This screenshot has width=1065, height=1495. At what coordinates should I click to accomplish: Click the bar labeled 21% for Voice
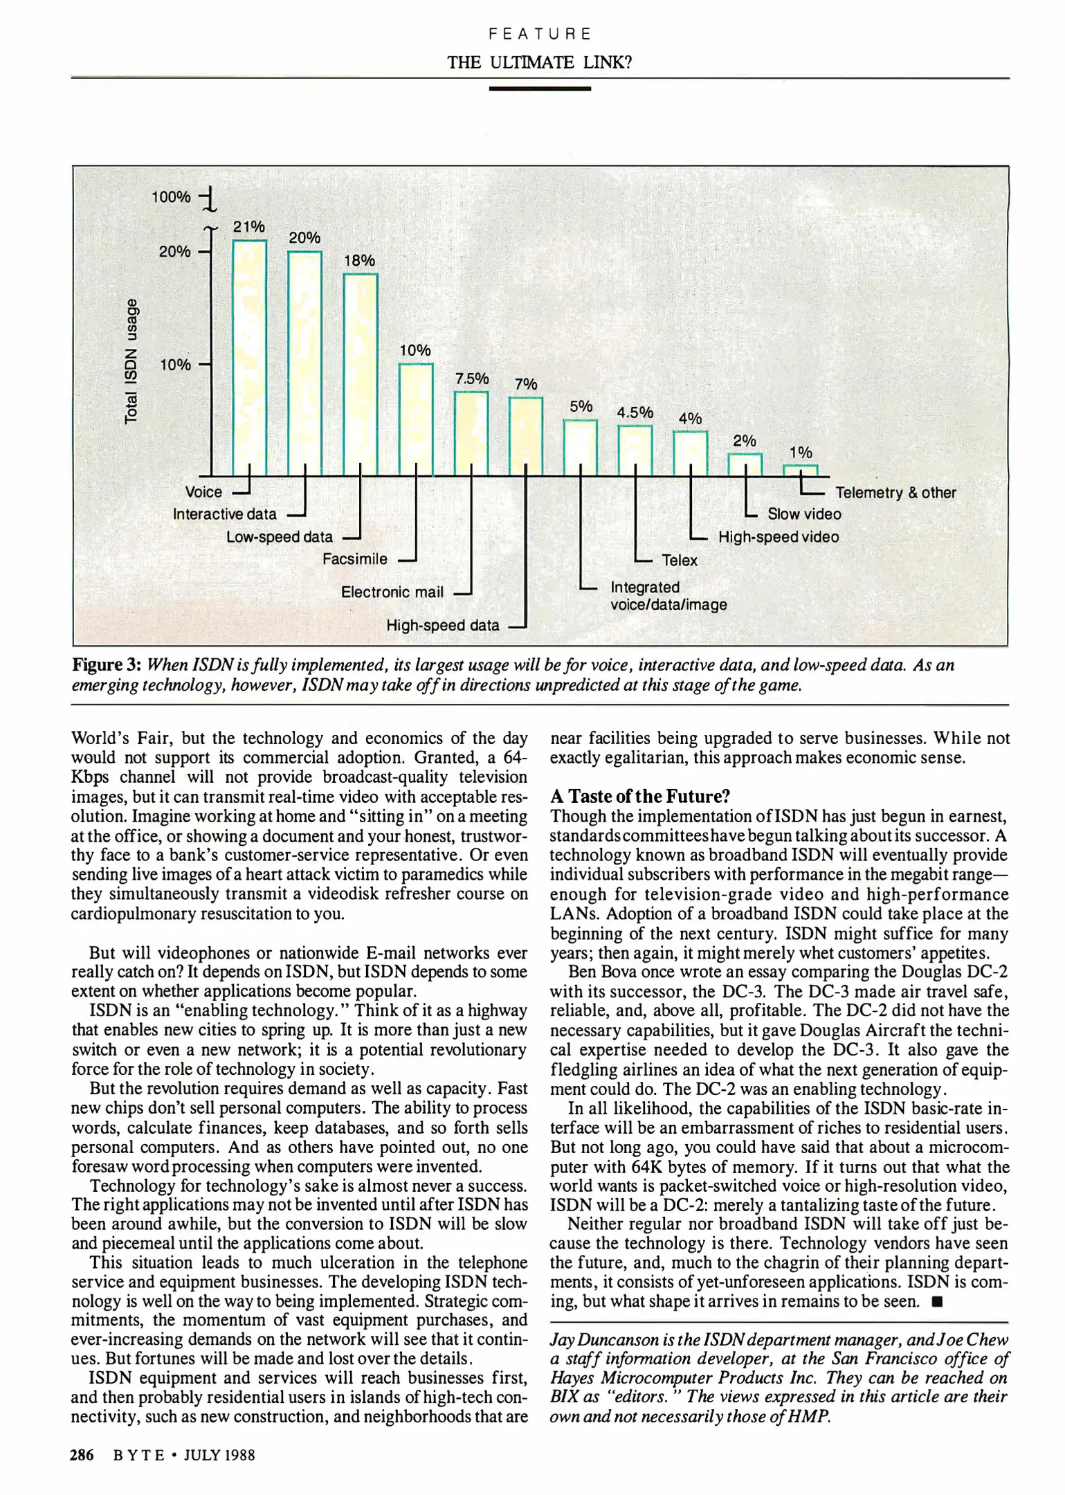[x=249, y=357]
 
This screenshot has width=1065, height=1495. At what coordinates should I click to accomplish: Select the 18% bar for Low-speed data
[x=360, y=374]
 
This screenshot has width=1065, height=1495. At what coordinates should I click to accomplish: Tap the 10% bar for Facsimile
[x=416, y=419]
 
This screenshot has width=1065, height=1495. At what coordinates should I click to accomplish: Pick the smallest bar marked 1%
[x=800, y=470]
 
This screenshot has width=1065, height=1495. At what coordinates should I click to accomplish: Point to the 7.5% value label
[x=471, y=379]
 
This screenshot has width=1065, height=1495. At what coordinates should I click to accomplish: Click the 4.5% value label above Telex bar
[x=635, y=413]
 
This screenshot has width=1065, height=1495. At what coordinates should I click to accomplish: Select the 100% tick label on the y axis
[x=171, y=197]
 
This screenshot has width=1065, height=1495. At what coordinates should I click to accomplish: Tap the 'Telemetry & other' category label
[x=895, y=493]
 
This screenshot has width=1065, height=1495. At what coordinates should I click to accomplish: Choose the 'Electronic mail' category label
[x=392, y=592]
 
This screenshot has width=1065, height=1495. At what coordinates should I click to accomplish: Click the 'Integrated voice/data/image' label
[x=668, y=596]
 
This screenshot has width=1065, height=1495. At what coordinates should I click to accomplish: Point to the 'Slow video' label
[x=804, y=514]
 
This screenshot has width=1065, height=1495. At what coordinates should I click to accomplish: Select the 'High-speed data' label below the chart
[x=442, y=626]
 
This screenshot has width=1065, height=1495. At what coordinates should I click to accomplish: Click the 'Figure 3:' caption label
[x=107, y=665]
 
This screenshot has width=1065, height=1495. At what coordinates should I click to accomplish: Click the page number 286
[x=82, y=1456]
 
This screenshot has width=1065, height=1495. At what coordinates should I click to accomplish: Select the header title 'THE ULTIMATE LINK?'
[x=539, y=62]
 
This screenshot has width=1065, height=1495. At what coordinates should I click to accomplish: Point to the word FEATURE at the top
[x=539, y=34]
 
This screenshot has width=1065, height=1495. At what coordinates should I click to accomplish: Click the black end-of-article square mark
[x=937, y=1302]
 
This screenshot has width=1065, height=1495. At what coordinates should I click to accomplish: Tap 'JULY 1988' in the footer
[x=219, y=1456]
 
